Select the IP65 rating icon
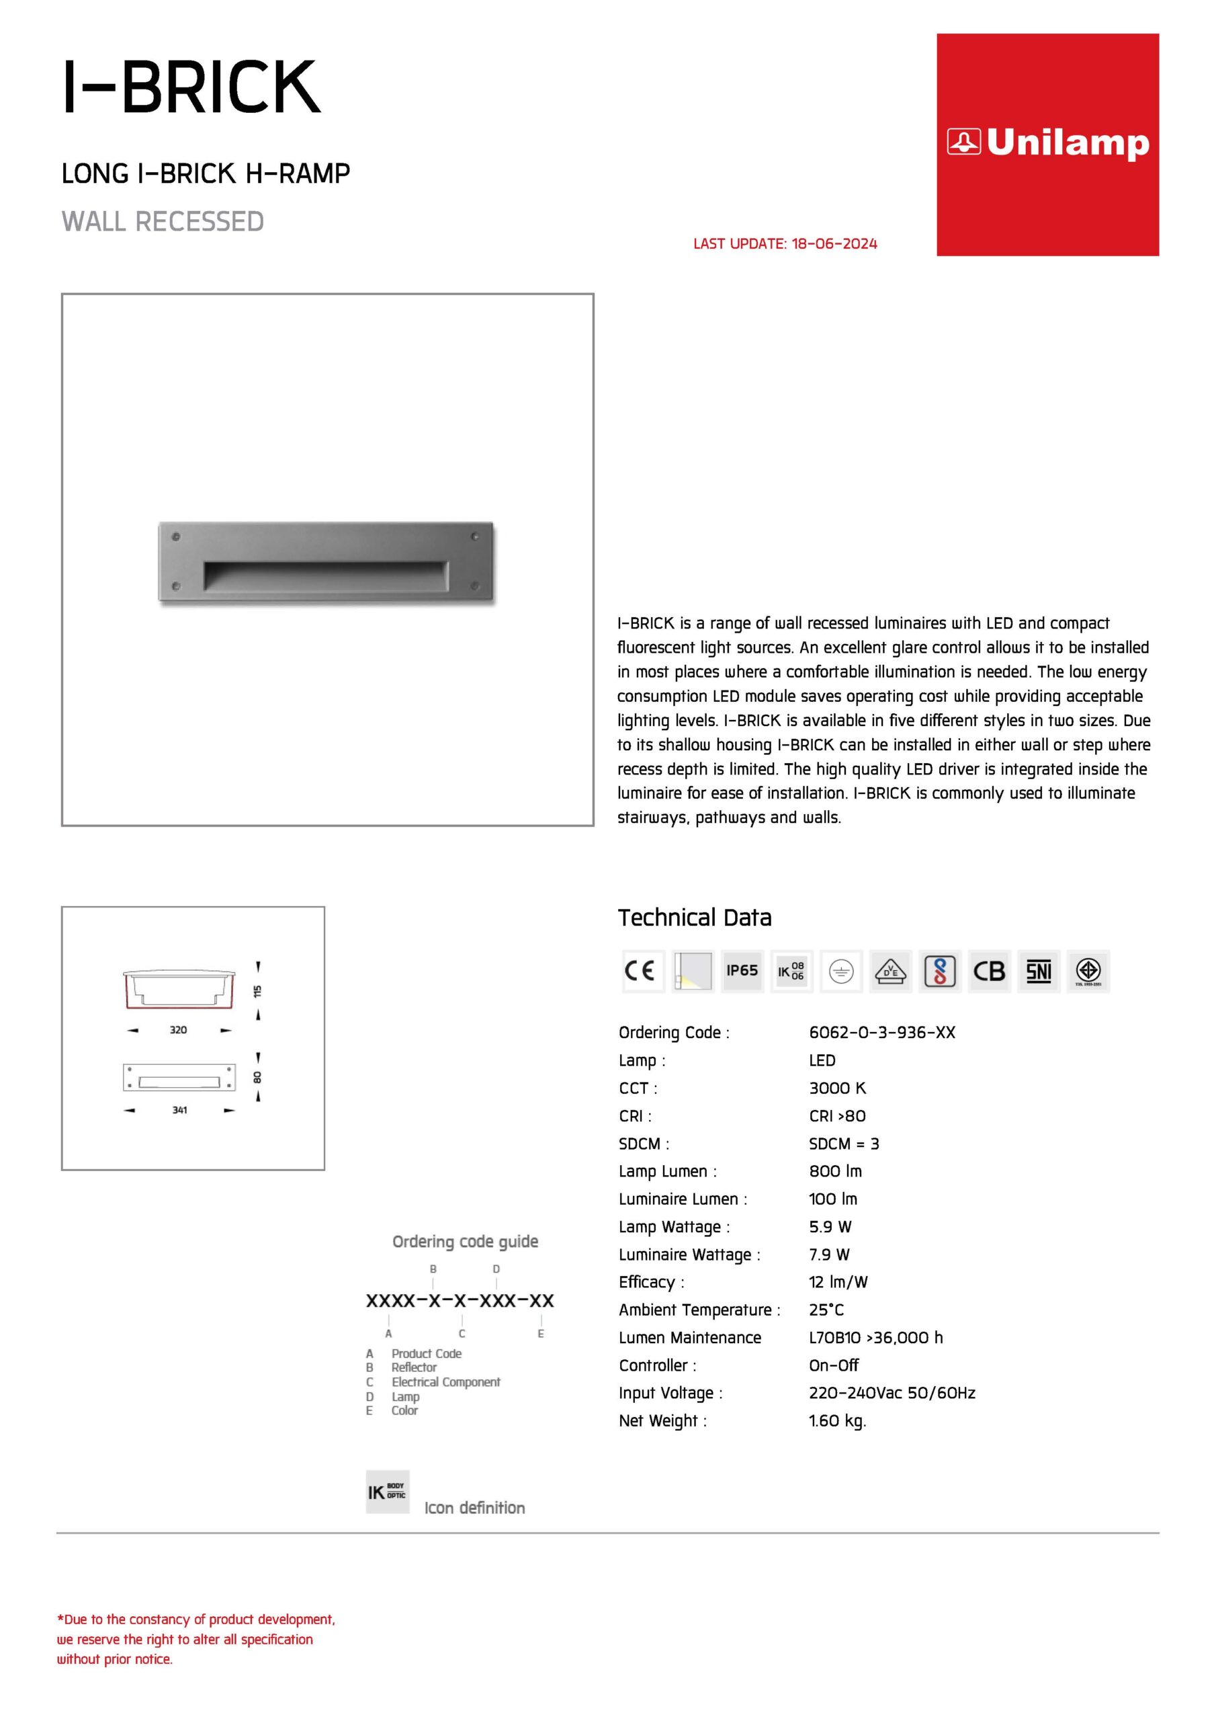(742, 971)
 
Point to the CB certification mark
(988, 971)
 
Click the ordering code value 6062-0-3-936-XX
(882, 1032)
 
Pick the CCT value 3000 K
(837, 1088)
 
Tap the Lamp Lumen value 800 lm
(835, 1171)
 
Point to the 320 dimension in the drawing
(178, 1030)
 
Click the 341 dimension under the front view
(180, 1110)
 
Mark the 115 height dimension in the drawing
(258, 991)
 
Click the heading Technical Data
(695, 918)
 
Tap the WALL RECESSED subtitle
(163, 222)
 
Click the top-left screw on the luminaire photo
(176, 536)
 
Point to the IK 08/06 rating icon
(791, 971)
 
